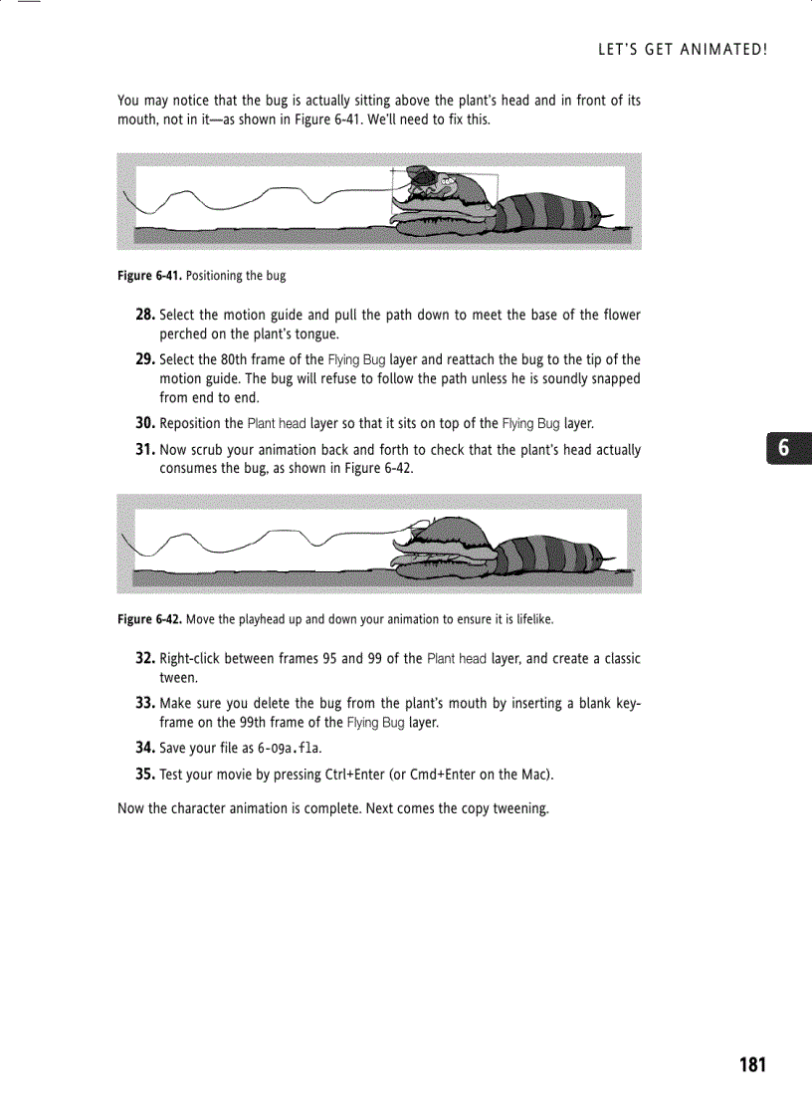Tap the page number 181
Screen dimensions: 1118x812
[753, 1065]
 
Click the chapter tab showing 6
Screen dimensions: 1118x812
[784, 449]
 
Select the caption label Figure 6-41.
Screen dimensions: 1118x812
[149, 276]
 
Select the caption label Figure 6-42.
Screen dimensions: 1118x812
[149, 619]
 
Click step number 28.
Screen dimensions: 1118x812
[145, 315]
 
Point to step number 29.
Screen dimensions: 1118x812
[145, 359]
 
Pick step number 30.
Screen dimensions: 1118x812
[145, 423]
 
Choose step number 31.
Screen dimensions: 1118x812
[145, 450]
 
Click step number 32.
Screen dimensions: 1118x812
[145, 659]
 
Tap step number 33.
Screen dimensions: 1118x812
[145, 704]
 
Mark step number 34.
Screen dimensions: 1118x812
[145, 748]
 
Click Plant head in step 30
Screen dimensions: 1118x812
[277, 424]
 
